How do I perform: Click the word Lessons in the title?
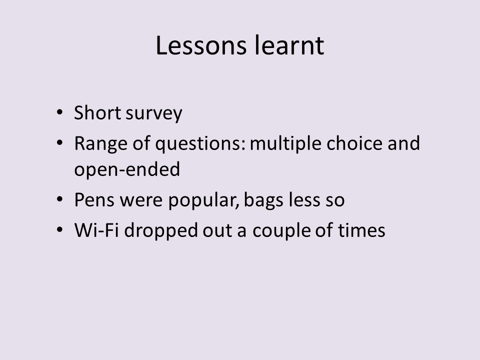[x=201, y=45]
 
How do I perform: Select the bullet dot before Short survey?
[x=59, y=112]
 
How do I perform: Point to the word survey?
[x=154, y=114]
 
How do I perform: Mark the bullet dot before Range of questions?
[x=59, y=142]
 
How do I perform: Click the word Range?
[x=100, y=144]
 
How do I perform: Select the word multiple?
[x=285, y=144]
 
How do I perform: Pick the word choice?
[x=354, y=143]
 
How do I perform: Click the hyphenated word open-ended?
[x=127, y=170]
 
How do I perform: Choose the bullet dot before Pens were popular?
[x=59, y=199]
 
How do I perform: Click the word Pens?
[x=94, y=200]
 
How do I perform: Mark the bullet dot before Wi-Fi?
[x=59, y=229]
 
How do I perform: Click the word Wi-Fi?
[x=96, y=230]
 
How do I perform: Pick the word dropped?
[x=161, y=231]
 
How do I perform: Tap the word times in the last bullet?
[x=361, y=230]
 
